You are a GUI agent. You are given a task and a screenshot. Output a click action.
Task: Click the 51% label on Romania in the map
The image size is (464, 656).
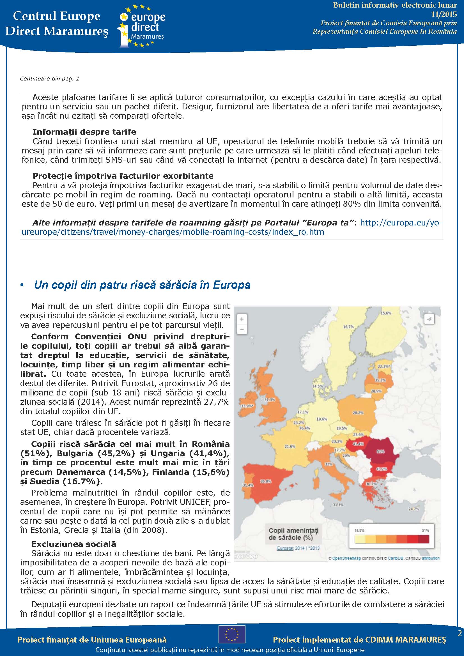(380, 452)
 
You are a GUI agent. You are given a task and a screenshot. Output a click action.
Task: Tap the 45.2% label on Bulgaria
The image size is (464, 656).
(381, 469)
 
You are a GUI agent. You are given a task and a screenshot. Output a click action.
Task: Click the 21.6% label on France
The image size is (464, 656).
(290, 446)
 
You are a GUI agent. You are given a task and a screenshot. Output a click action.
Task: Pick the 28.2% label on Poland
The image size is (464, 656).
(358, 413)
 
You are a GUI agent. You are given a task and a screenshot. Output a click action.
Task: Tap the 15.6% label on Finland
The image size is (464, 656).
(386, 313)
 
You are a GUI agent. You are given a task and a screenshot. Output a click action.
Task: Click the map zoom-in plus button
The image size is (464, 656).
(242, 319)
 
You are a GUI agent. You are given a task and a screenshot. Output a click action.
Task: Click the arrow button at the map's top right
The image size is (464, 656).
(429, 319)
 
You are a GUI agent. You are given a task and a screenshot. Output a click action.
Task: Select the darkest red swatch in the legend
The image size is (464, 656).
(423, 539)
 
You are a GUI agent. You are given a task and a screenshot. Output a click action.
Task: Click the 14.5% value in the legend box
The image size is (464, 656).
(359, 531)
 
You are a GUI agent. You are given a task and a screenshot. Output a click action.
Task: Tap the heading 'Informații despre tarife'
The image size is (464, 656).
(84, 132)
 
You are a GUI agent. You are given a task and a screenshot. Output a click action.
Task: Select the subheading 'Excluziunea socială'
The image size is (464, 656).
(74, 544)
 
